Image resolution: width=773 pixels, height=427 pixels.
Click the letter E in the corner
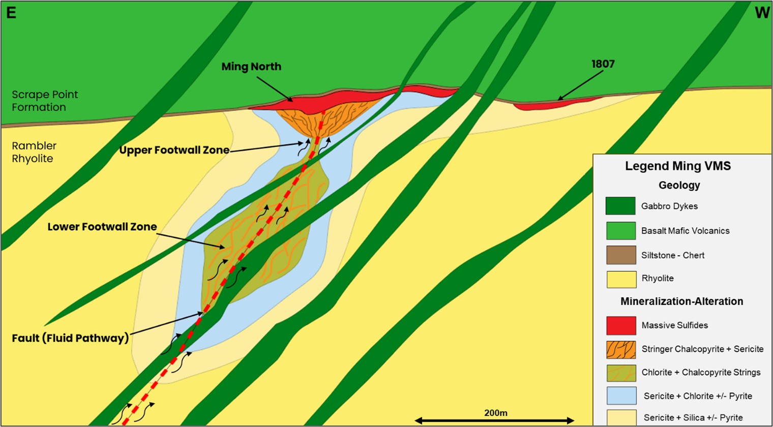click(x=11, y=13)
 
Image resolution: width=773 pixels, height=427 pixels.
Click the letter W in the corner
click(x=762, y=13)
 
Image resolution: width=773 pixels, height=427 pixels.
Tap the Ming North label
click(x=251, y=67)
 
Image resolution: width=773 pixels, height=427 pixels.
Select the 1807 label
click(x=603, y=64)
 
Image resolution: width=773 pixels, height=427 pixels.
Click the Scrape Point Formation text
click(x=45, y=101)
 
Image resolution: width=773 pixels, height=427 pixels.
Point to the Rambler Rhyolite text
click(x=34, y=152)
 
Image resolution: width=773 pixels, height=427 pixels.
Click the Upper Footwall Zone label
click(x=174, y=150)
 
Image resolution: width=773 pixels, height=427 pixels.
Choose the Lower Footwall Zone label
click(x=102, y=227)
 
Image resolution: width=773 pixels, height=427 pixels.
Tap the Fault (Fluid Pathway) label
click(x=70, y=338)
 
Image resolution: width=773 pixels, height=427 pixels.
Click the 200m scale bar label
click(x=495, y=413)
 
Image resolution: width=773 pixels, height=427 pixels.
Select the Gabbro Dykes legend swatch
click(x=620, y=206)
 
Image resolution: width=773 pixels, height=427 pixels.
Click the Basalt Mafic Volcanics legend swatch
click(x=620, y=230)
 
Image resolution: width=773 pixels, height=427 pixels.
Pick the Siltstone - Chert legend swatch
click(x=620, y=255)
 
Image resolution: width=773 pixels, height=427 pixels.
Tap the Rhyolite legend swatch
click(x=620, y=279)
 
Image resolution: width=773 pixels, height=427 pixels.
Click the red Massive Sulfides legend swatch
click(x=620, y=325)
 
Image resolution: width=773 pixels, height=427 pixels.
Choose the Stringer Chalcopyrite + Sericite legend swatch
click(x=620, y=349)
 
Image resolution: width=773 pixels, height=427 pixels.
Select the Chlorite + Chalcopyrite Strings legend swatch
click(x=620, y=373)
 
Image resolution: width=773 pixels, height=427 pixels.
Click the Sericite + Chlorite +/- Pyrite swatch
click(x=620, y=396)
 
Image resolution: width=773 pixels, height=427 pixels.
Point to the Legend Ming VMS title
click(x=677, y=166)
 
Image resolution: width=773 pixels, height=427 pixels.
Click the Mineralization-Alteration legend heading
click(x=681, y=301)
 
